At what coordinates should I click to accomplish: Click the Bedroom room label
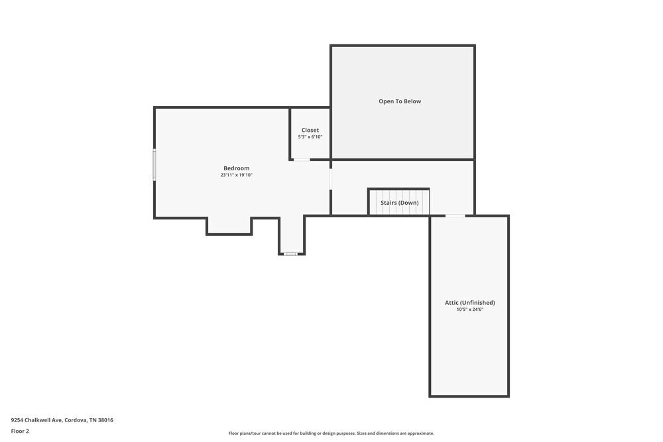tap(236, 168)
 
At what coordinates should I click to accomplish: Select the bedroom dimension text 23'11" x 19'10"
tap(236, 176)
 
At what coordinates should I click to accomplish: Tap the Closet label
tap(310, 130)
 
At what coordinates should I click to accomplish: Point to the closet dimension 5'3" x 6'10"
tap(310, 137)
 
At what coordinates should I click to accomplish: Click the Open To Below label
tap(400, 101)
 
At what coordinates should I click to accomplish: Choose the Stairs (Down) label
tap(399, 203)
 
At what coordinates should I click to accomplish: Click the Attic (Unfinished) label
tap(469, 303)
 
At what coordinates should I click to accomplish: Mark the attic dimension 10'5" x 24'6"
tap(469, 309)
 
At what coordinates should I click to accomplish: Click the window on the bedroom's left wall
tap(154, 164)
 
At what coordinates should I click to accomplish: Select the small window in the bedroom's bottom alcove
tap(291, 254)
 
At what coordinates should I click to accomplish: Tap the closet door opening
tap(302, 160)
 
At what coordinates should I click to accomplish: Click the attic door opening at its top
tap(455, 215)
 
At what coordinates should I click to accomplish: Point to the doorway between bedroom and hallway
tap(330, 179)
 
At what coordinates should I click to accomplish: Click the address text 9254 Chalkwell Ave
tap(36, 420)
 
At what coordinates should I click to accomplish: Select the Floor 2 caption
tap(20, 431)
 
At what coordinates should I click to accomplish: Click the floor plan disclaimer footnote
tap(331, 433)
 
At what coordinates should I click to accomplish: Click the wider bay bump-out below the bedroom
tap(229, 226)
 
